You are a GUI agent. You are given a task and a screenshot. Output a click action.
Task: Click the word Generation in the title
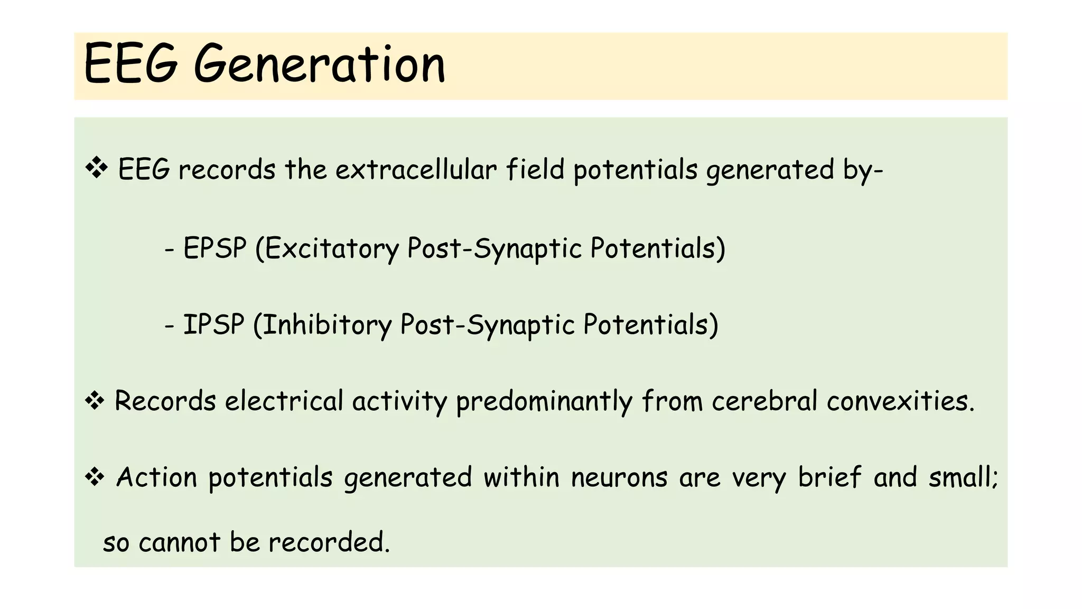[x=320, y=64]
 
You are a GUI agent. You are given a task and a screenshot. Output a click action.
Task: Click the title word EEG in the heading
[x=130, y=64]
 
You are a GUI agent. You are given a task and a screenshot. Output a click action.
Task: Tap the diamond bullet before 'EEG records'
[x=97, y=168]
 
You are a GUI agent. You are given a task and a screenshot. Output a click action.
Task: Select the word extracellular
[x=416, y=170]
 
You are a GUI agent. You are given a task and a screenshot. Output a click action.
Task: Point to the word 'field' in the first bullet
[x=535, y=170]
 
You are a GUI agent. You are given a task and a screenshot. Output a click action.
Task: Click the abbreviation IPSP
[x=213, y=324]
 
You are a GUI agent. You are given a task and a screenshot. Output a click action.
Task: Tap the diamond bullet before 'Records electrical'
[x=95, y=401]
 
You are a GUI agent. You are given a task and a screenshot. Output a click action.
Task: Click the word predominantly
[x=544, y=402]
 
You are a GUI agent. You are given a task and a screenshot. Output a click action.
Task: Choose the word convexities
[x=900, y=401]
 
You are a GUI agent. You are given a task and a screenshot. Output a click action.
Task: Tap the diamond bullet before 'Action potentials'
[x=95, y=477]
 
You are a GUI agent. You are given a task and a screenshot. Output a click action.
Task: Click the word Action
[x=156, y=477]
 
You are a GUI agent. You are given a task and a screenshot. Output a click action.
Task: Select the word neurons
[x=619, y=477]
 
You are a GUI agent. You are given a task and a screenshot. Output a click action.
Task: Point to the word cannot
[x=179, y=542]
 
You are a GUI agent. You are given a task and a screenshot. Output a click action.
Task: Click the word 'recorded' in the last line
[x=328, y=542]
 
